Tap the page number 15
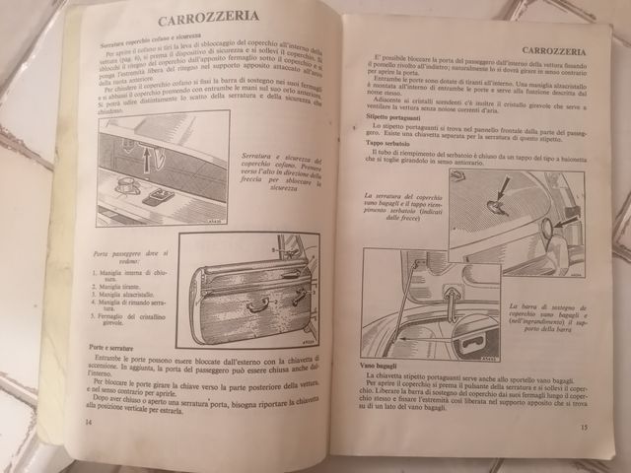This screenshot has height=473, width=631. click(x=585, y=427)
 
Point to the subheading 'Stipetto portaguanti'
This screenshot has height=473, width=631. click(x=386, y=117)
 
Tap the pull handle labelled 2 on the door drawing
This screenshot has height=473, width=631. click(x=257, y=305)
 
